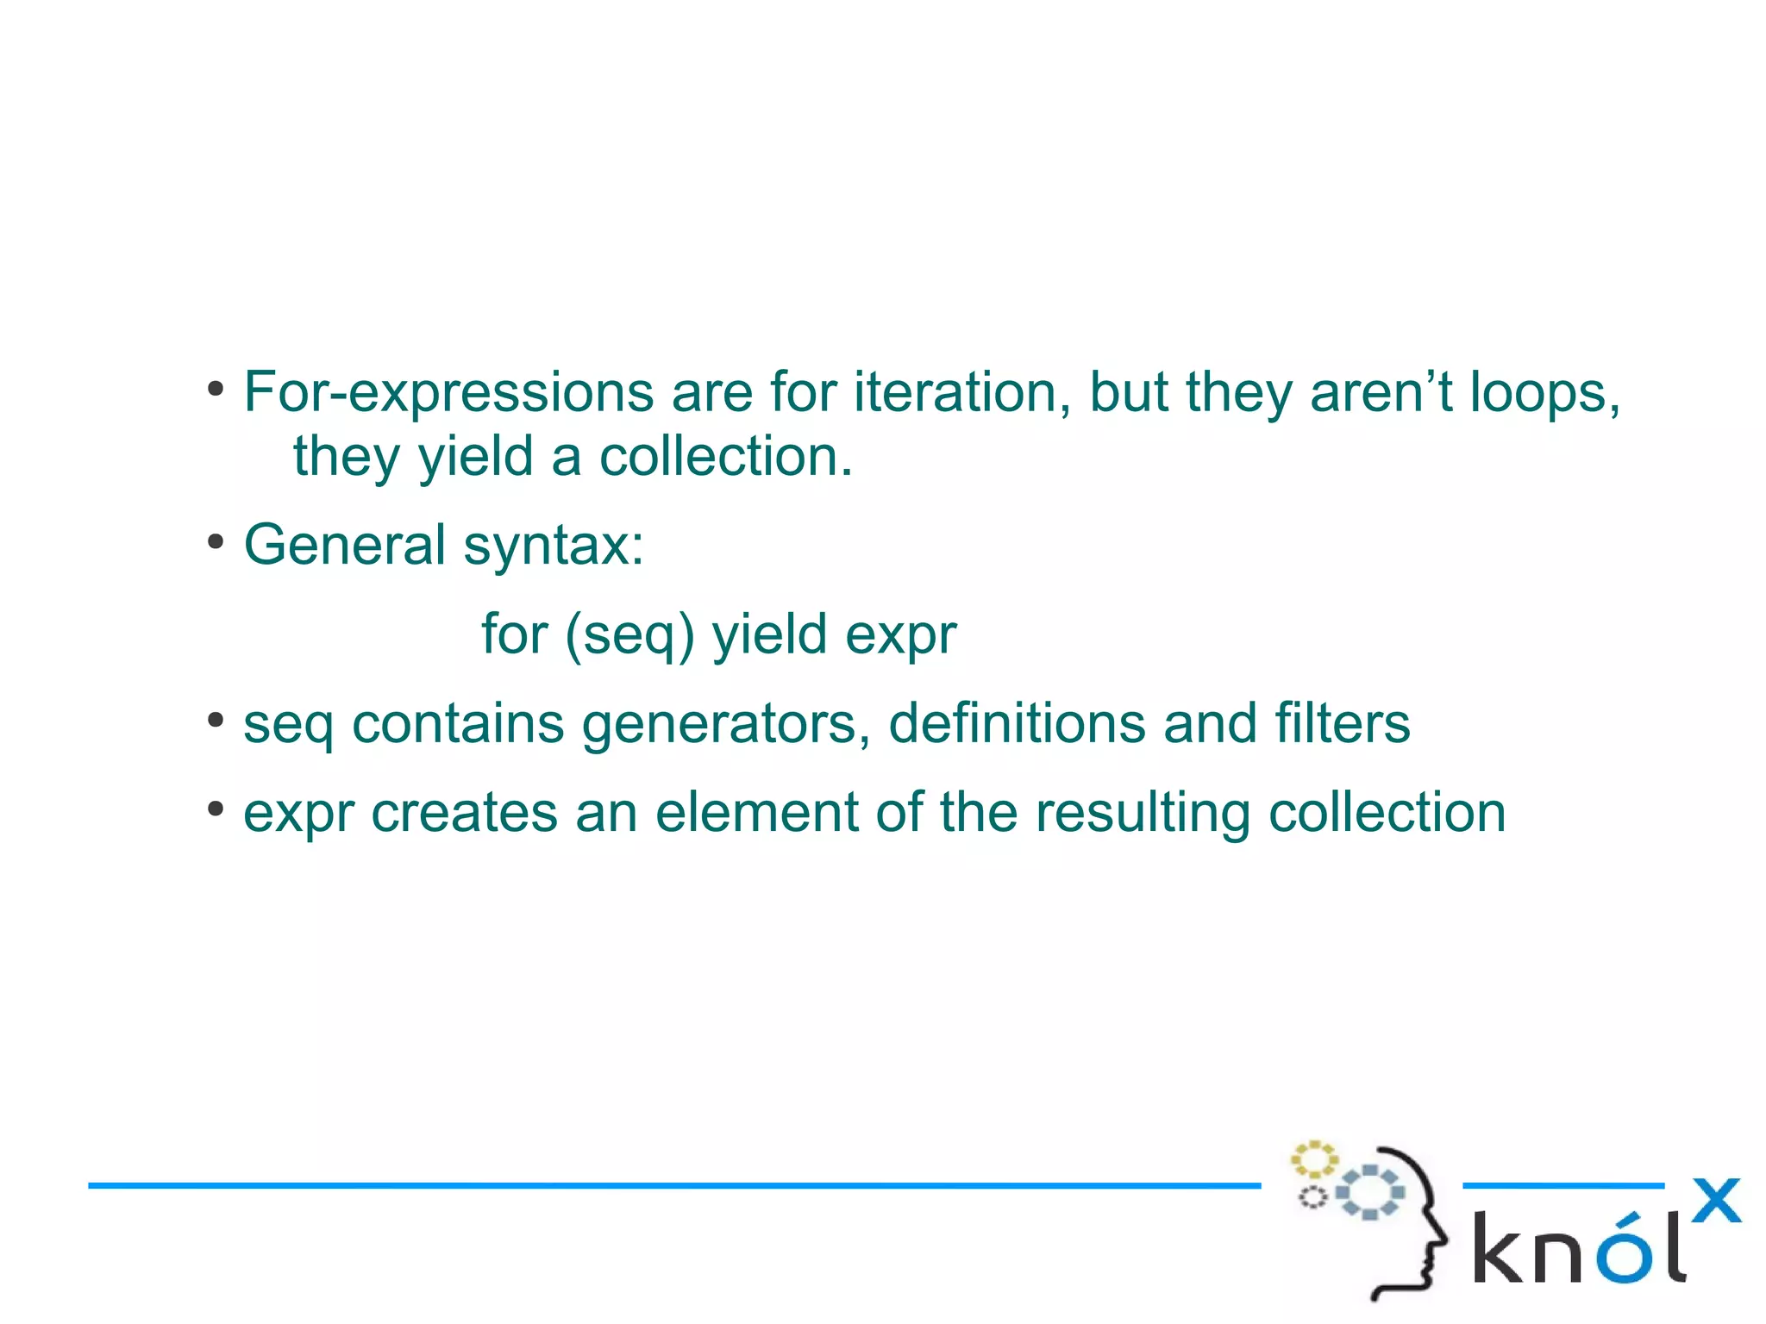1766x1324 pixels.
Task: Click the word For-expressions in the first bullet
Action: [448, 393]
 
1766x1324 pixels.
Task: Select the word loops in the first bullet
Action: [1544, 393]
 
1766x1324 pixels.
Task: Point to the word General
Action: [344, 545]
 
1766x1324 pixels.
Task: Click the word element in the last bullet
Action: [756, 812]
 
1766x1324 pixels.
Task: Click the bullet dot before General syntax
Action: [216, 543]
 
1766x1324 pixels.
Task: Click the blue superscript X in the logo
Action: [1716, 1200]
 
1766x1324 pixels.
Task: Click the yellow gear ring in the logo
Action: [1313, 1160]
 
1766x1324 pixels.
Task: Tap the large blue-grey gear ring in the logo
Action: [1369, 1192]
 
